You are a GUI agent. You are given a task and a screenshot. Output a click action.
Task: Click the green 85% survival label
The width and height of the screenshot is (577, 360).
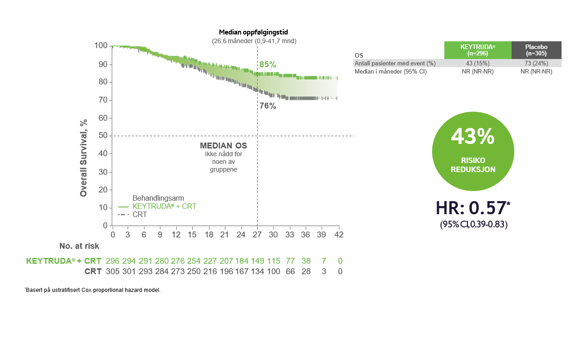click(268, 64)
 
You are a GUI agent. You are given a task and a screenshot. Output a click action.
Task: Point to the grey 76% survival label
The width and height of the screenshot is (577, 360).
click(268, 106)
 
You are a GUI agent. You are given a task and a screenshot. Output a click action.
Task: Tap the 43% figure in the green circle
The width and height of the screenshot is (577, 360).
click(473, 137)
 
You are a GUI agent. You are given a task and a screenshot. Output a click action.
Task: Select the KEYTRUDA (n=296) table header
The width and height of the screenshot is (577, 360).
click(478, 50)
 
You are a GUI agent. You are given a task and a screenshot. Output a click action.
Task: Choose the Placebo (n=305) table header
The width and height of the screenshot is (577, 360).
click(536, 50)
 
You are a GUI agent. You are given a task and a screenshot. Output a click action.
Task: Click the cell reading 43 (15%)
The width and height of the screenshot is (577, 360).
click(478, 63)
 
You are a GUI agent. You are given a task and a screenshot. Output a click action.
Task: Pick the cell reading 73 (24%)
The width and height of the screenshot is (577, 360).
click(536, 63)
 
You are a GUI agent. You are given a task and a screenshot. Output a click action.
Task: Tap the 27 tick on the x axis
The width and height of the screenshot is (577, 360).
click(257, 235)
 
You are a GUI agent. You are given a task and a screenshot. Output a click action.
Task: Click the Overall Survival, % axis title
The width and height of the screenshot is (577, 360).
click(84, 158)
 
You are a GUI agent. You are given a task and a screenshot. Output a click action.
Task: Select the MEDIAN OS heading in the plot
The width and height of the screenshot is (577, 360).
click(224, 146)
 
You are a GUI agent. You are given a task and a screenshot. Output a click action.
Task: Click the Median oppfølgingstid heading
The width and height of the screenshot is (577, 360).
click(254, 32)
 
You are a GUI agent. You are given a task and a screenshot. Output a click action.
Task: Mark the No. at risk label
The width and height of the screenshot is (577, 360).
click(79, 246)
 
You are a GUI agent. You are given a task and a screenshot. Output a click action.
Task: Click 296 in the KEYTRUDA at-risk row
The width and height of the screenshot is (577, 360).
click(112, 261)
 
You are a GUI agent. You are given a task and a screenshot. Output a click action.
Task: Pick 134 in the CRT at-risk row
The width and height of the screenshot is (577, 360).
click(257, 271)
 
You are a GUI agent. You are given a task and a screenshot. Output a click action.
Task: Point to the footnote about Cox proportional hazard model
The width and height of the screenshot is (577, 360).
click(93, 290)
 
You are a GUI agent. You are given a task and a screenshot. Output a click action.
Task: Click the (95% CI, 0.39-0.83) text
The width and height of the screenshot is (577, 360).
click(473, 224)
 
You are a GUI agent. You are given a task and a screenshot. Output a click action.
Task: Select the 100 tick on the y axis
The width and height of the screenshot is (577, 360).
click(101, 45)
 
